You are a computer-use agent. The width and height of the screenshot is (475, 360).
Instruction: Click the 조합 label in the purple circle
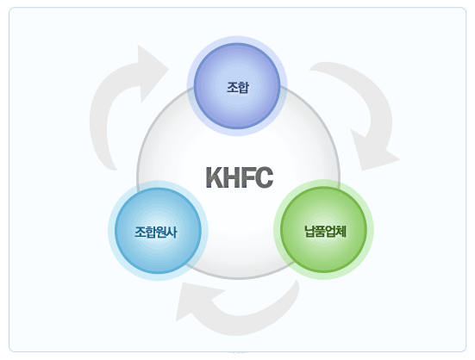[238, 88]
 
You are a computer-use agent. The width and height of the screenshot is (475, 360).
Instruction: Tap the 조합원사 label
[156, 233]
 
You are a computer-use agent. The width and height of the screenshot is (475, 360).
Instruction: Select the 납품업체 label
[325, 232]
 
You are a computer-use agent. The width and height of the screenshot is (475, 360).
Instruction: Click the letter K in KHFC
[215, 177]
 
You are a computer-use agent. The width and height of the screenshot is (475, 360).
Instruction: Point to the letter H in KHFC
[233, 177]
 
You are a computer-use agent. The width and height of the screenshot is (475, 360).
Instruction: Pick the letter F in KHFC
[247, 177]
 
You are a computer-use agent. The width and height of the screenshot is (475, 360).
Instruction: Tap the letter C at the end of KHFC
[264, 177]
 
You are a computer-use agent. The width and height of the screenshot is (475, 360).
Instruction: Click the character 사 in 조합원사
[172, 233]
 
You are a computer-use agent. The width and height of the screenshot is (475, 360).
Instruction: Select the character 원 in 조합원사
[161, 233]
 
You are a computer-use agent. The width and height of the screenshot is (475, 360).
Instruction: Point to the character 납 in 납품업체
[309, 232]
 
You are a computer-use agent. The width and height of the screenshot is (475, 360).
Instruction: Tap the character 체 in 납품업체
[341, 232]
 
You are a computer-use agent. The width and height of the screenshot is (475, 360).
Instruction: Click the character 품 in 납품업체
[320, 232]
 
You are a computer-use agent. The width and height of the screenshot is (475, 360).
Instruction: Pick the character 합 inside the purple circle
[244, 88]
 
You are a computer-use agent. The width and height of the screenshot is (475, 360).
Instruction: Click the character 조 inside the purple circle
[233, 88]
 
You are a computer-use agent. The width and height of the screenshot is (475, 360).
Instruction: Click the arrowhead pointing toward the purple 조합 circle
[152, 72]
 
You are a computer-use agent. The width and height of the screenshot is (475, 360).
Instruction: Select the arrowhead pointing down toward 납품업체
[373, 152]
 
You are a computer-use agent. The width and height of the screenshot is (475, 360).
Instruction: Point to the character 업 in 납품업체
[331, 232]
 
